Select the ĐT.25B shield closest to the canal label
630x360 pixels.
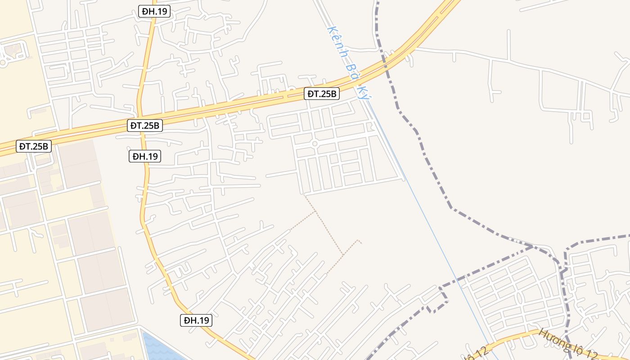(322, 94)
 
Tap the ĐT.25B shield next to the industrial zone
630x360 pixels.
(34, 146)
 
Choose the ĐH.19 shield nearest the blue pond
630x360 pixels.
(197, 320)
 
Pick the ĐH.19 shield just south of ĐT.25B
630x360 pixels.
(145, 156)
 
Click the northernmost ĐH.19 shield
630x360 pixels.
(154, 12)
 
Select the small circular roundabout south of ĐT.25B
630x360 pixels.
(315, 144)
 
